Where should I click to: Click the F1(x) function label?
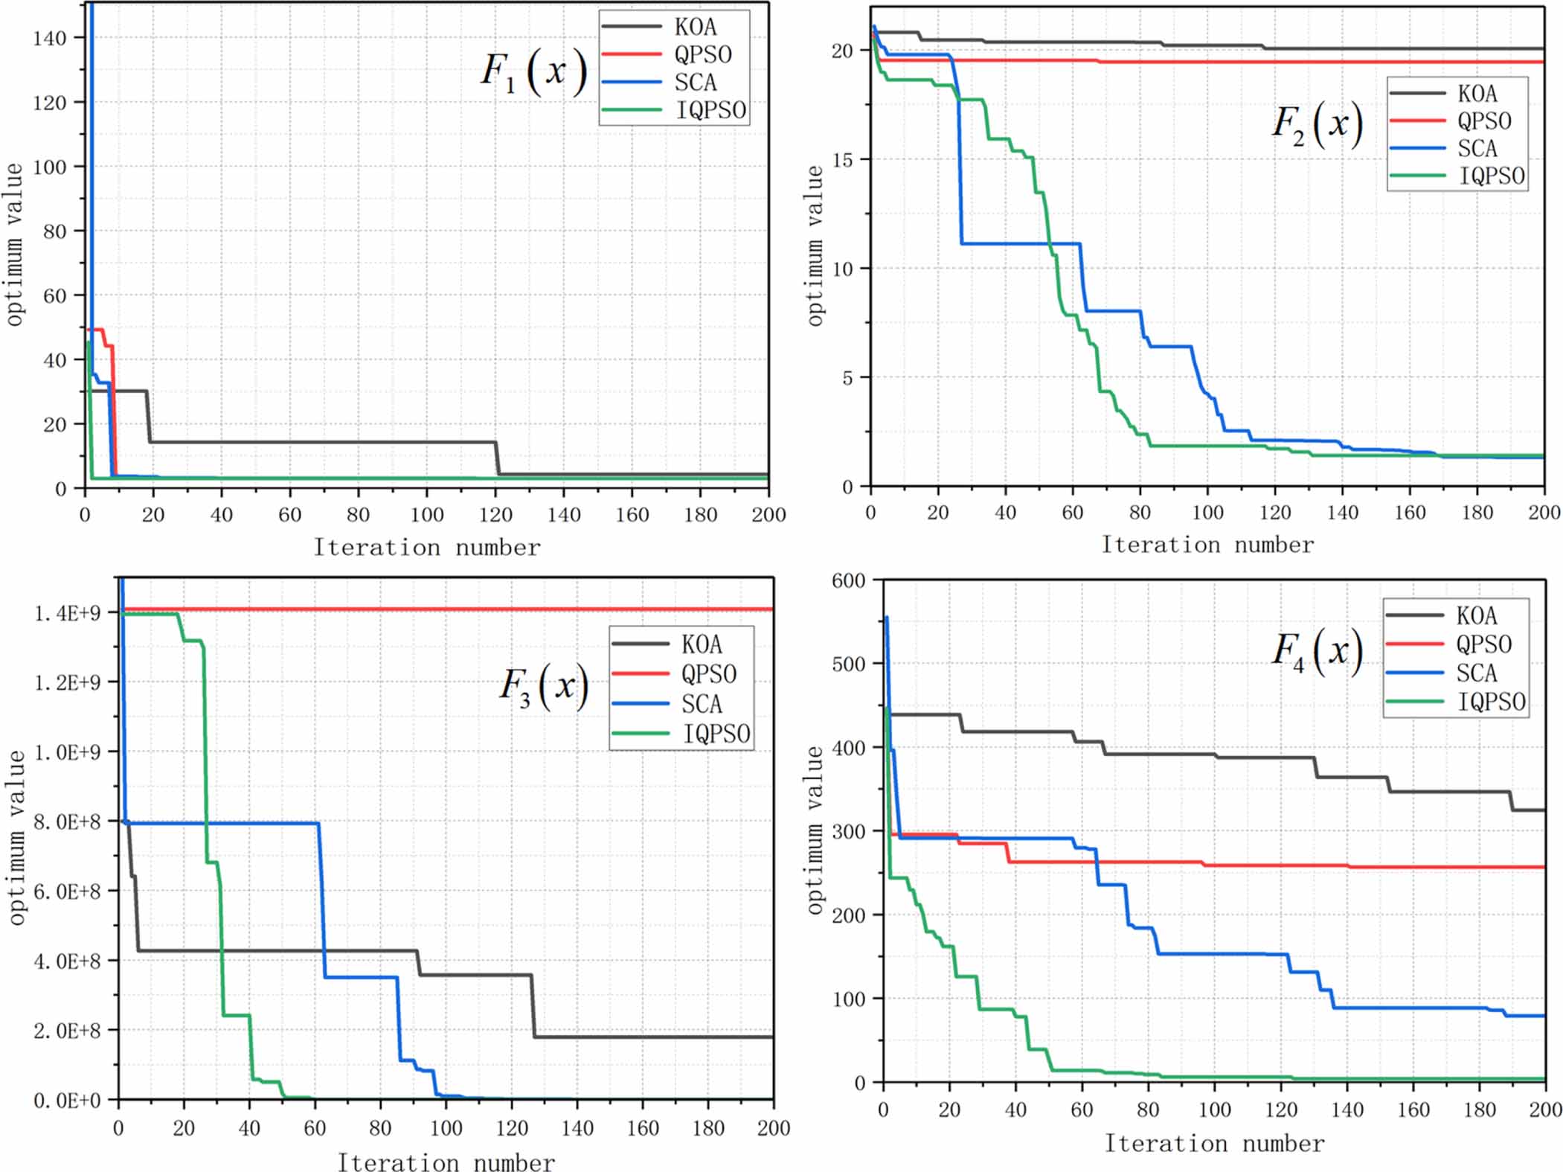pyautogui.click(x=533, y=72)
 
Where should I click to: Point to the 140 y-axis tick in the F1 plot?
pyautogui.click(x=50, y=38)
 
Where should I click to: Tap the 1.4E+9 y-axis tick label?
pyautogui.click(x=67, y=613)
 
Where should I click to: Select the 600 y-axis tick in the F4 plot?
pyautogui.click(x=849, y=581)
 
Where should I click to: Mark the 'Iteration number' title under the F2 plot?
pyautogui.click(x=1207, y=545)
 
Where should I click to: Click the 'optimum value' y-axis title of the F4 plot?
pyautogui.click(x=816, y=830)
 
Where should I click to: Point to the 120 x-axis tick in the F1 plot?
pyautogui.click(x=495, y=515)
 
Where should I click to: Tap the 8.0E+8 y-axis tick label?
pyautogui.click(x=67, y=822)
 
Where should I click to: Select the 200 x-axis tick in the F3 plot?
pyautogui.click(x=773, y=1129)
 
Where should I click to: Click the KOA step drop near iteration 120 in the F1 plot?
pyautogui.click(x=498, y=458)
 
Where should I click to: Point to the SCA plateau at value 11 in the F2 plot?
pyautogui.click(x=1019, y=243)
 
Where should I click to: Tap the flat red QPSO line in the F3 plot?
pyautogui.click(x=446, y=609)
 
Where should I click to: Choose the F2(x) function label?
pyautogui.click(x=1317, y=124)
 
